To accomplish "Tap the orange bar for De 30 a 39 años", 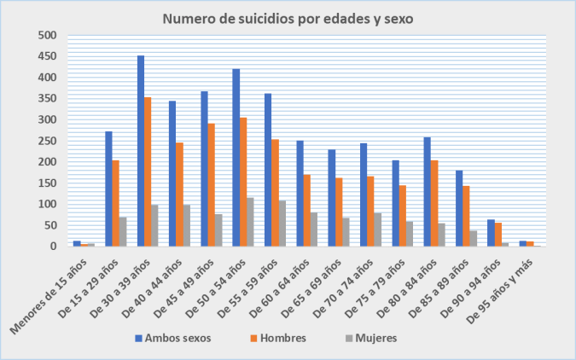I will [x=148, y=171].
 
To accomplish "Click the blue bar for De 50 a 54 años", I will [x=236, y=157].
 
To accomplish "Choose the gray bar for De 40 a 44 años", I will [x=186, y=225].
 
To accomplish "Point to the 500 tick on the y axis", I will [x=48, y=36].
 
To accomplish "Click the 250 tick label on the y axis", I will [x=48, y=141].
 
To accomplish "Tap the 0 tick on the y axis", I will [x=53, y=247].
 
